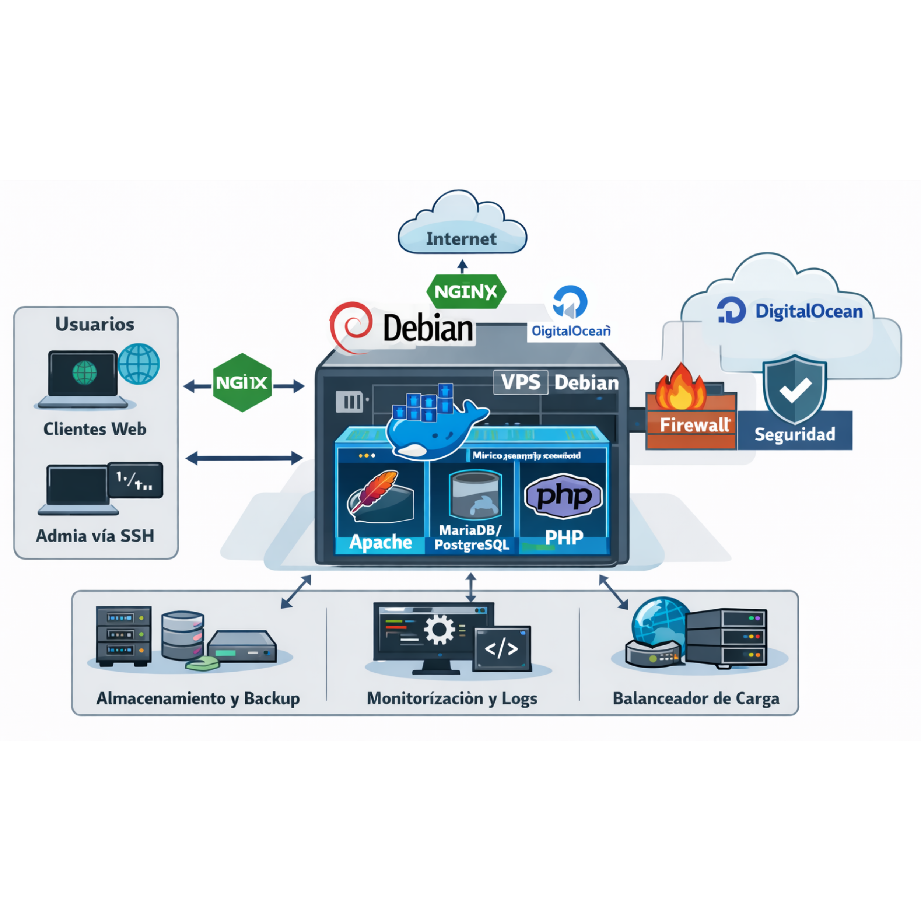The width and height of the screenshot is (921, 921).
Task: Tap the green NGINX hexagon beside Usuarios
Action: click(x=242, y=382)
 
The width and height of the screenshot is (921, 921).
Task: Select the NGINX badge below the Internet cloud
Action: click(x=466, y=291)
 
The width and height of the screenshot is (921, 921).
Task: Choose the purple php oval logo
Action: click(x=564, y=496)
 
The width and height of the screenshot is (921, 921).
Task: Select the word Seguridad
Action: click(x=795, y=434)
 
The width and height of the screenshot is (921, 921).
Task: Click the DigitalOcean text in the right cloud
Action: click(x=809, y=311)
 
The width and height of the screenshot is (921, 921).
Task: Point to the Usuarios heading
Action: click(x=95, y=324)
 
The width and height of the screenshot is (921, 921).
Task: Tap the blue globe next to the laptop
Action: click(x=139, y=364)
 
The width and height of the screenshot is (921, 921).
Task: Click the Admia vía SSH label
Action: click(x=95, y=536)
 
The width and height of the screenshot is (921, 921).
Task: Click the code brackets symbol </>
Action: click(x=501, y=649)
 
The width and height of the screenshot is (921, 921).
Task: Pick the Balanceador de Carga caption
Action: click(x=696, y=698)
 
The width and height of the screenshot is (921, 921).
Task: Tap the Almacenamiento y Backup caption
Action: click(x=198, y=698)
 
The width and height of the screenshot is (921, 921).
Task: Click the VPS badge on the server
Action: click(x=521, y=382)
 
